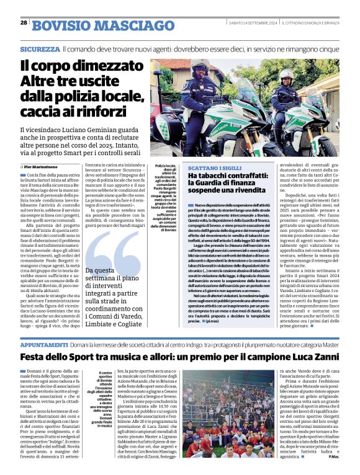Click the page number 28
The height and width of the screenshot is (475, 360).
(x=24, y=23)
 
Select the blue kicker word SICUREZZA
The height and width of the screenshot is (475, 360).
(x=39, y=48)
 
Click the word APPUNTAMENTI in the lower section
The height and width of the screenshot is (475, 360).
(x=43, y=343)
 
